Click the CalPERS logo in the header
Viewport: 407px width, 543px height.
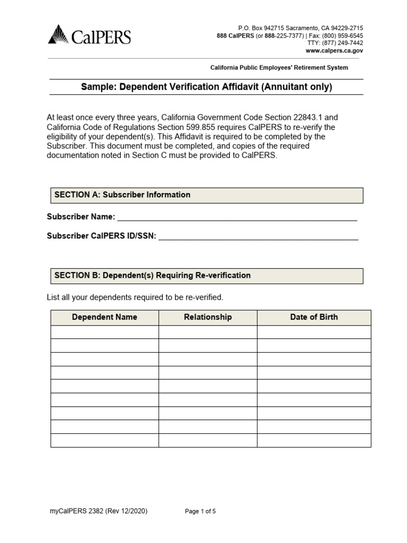click(89, 37)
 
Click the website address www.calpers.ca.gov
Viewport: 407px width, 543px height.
click(334, 51)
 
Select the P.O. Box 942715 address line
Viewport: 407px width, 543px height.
click(300, 28)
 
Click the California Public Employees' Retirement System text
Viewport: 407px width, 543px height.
click(279, 67)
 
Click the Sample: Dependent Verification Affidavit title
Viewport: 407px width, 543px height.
click(206, 87)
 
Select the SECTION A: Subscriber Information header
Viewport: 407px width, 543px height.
click(122, 195)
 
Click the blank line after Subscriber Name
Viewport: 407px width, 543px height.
click(237, 217)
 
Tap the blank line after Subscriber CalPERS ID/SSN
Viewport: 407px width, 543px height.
click(258, 237)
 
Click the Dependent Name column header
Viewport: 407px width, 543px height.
click(104, 317)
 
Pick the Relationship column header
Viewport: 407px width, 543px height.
click(208, 317)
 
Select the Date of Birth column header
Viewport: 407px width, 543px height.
click(314, 317)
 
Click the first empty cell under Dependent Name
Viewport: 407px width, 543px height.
click(104, 332)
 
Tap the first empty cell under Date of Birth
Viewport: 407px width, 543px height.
click(314, 332)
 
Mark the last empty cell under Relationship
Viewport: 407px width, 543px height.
click(208, 440)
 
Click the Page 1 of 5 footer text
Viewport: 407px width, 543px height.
click(200, 511)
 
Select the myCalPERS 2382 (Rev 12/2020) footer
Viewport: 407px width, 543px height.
click(98, 511)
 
